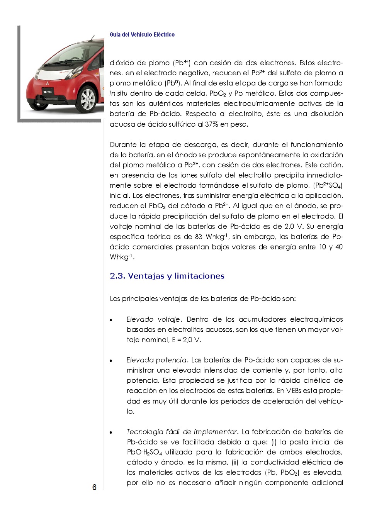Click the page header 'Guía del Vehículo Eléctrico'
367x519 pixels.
pyautogui.click(x=142, y=35)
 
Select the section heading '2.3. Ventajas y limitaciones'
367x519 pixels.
pyautogui.click(x=167, y=276)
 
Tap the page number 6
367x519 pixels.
pyautogui.click(x=94, y=487)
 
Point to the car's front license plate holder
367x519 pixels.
pyautogui.click(x=49, y=92)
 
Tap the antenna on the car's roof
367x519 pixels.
pyautogui.click(x=92, y=38)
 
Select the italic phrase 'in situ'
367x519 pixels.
pyautogui.click(x=118, y=93)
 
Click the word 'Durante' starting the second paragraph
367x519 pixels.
pyautogui.click(x=124, y=145)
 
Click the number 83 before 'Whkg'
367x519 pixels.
pyautogui.click(x=199, y=237)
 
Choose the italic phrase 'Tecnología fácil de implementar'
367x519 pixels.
pyautogui.click(x=182, y=432)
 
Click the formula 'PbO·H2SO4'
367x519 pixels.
pyautogui.click(x=144, y=452)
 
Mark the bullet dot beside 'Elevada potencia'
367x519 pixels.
pyautogui.click(x=111, y=361)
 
